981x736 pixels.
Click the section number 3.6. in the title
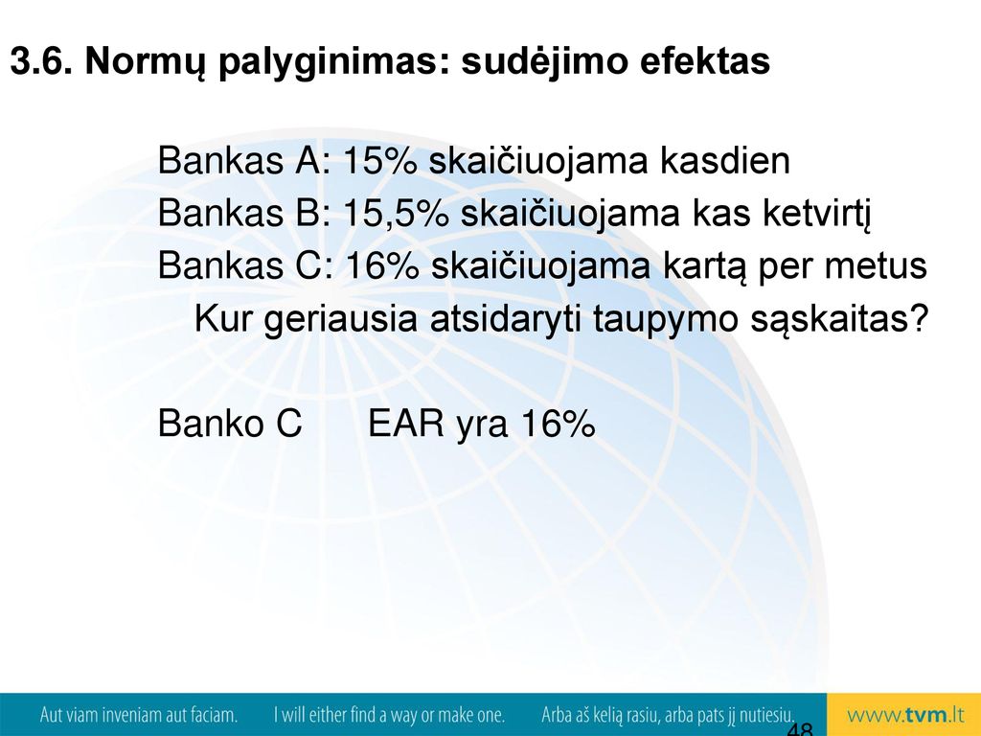40,61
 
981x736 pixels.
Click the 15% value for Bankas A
380,160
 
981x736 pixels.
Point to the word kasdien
725,160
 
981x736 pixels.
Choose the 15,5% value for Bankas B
396,214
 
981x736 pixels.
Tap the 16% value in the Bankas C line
381,265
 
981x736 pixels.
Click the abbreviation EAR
405,424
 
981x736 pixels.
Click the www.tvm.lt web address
904,715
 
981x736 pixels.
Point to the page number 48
800,729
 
